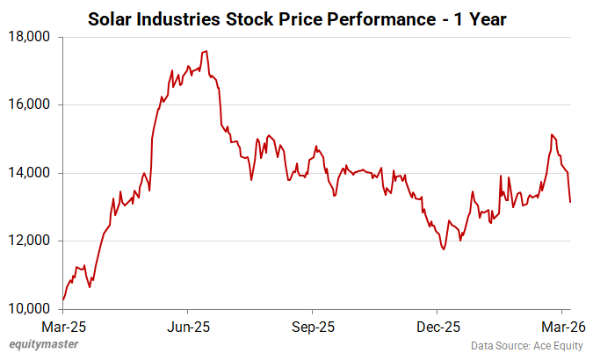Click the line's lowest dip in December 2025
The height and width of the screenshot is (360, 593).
(x=444, y=249)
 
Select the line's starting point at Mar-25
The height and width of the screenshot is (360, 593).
(x=63, y=300)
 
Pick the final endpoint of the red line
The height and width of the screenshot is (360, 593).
(x=570, y=203)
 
